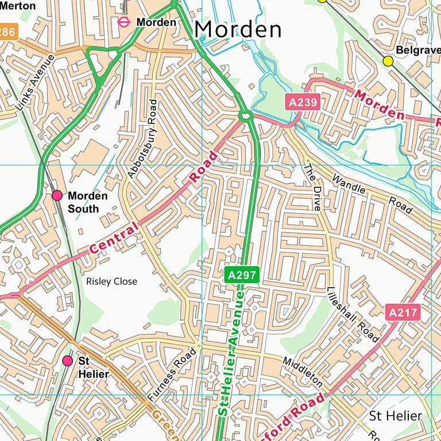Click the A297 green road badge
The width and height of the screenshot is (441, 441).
coord(242,276)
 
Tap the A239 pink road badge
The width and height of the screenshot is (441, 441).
coord(302,103)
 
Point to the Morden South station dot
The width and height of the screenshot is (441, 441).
coord(57,195)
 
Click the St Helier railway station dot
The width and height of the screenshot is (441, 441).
coord(68,361)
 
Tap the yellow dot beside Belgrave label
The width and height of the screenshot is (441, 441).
coord(388,61)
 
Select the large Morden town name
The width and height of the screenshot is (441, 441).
coord(237,29)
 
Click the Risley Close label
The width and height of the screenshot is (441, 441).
coord(111,281)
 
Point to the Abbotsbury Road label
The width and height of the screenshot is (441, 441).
coord(141,138)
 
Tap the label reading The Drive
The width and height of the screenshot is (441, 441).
coord(312,187)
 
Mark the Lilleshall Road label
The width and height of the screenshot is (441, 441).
coord(352,315)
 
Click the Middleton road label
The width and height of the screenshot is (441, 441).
coord(303,371)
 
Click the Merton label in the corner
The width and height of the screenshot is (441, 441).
coord(17,5)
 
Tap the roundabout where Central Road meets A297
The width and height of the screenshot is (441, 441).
coord(246,116)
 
